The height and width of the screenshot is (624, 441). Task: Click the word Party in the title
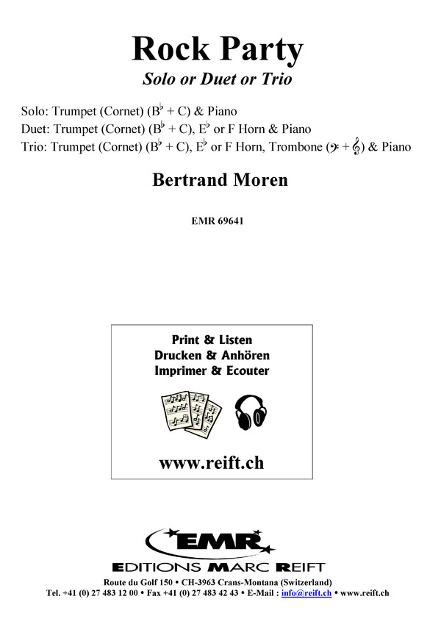click(262, 51)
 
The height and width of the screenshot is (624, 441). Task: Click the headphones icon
click(251, 408)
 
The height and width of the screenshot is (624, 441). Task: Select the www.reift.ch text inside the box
click(211, 463)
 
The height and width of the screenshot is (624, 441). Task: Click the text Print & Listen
click(212, 340)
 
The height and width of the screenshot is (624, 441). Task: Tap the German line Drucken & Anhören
click(212, 355)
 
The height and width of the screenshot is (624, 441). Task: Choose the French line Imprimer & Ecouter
click(212, 370)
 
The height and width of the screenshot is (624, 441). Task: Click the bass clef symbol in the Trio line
click(334, 146)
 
